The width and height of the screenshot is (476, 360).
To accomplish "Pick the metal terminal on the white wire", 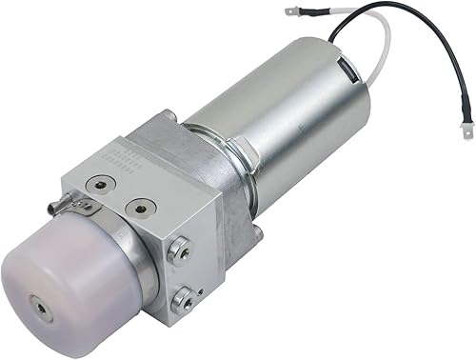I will tap(294, 13).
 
